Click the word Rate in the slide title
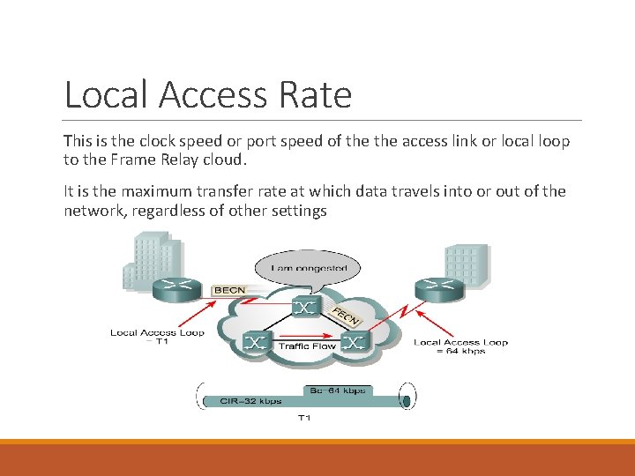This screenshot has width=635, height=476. [315, 95]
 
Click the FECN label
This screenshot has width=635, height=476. [345, 316]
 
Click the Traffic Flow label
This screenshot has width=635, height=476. [306, 346]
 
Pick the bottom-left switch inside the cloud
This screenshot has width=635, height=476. [256, 342]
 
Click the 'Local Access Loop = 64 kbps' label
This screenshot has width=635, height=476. [460, 346]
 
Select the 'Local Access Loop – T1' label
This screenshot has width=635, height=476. [157, 338]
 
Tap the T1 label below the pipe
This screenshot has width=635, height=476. [304, 418]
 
